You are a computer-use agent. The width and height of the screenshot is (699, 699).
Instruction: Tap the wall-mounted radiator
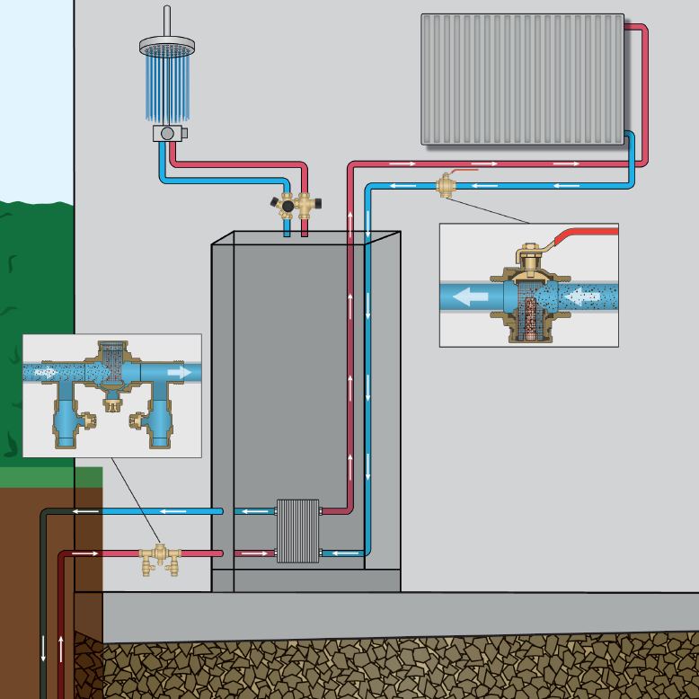click(x=522, y=78)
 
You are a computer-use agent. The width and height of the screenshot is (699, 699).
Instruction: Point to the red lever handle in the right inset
click(x=588, y=235)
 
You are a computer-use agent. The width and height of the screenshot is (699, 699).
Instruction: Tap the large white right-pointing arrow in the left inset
click(x=179, y=371)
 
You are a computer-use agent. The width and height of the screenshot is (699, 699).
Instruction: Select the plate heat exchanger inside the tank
click(x=297, y=531)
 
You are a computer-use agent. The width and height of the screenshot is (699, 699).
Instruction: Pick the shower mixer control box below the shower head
click(x=167, y=133)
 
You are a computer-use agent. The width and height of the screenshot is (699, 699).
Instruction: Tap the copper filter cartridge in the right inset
click(x=527, y=310)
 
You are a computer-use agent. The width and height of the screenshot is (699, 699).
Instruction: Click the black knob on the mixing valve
click(x=288, y=206)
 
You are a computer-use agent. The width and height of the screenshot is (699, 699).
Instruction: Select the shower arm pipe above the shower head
click(x=167, y=21)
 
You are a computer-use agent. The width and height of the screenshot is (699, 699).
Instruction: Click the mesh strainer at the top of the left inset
click(x=111, y=356)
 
